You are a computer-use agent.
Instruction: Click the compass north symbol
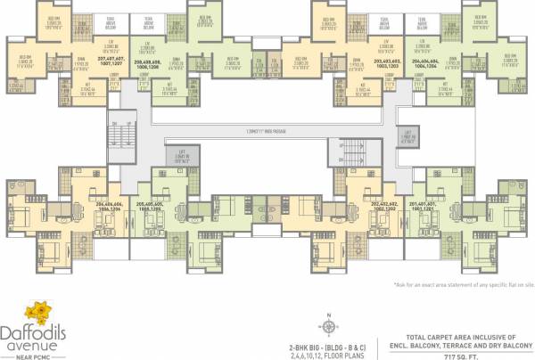(x=327, y=316)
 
